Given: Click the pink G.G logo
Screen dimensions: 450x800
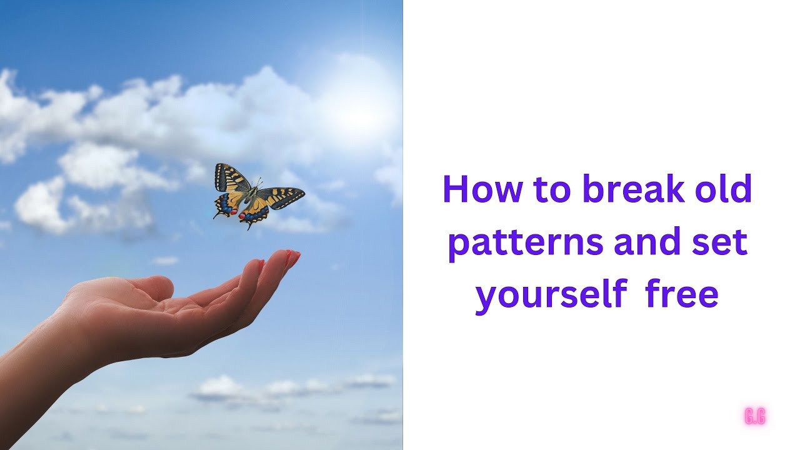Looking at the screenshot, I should tap(755, 416).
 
